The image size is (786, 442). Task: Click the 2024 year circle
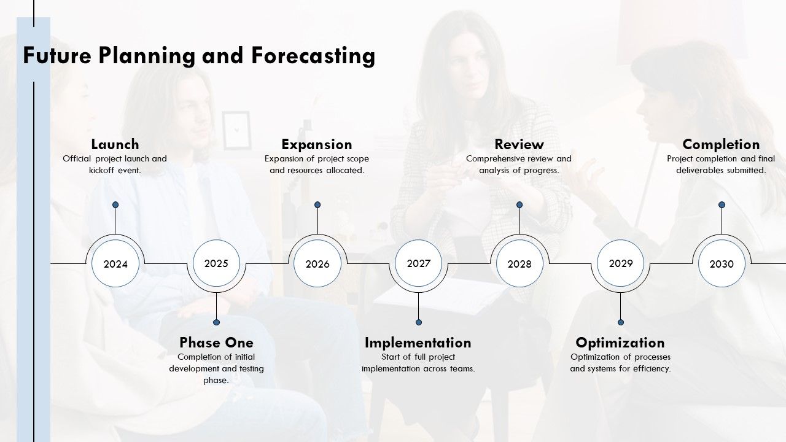coord(115,263)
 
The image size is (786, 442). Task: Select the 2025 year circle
coord(217,263)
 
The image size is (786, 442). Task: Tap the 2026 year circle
coord(317,263)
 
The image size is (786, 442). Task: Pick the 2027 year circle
coord(419,263)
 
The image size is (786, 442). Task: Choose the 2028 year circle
coord(519,263)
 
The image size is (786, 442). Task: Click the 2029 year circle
coord(621,263)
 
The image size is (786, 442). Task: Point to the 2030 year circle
coord(722,263)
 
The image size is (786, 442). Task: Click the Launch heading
coord(115,144)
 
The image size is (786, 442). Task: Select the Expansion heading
coord(317,144)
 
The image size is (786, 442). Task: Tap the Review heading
coord(519,144)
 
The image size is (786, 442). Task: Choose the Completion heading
coord(721,144)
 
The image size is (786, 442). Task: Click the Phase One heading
coord(217,343)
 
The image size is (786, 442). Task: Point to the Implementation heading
coord(418,343)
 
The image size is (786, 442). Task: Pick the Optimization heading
coord(620,343)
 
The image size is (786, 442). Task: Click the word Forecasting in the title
coord(313,56)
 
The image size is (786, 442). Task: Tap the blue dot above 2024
coord(115,205)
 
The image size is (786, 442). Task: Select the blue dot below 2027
coord(419,322)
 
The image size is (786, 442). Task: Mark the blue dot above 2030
coord(722,205)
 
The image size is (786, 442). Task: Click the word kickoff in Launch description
coord(101,171)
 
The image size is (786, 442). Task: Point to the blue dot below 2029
coord(621,322)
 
